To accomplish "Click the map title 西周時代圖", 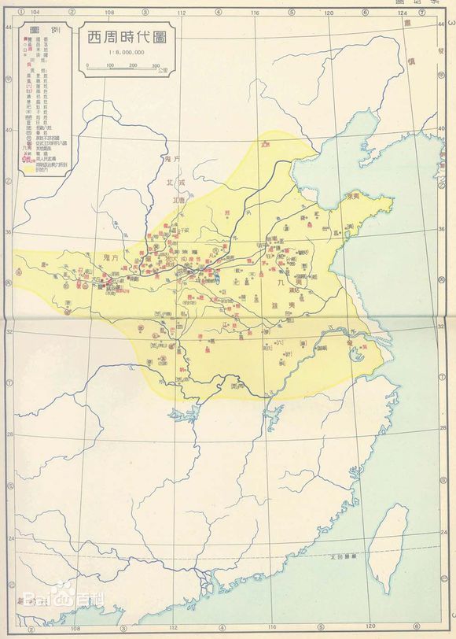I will coord(125,37).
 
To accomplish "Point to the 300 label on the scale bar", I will coord(156,66).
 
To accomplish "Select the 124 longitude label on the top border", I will coord(402,13).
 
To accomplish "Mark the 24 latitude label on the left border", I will coord(8,540).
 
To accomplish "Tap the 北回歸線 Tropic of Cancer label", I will coord(341,556).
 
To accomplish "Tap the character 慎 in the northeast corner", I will coord(413,60).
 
